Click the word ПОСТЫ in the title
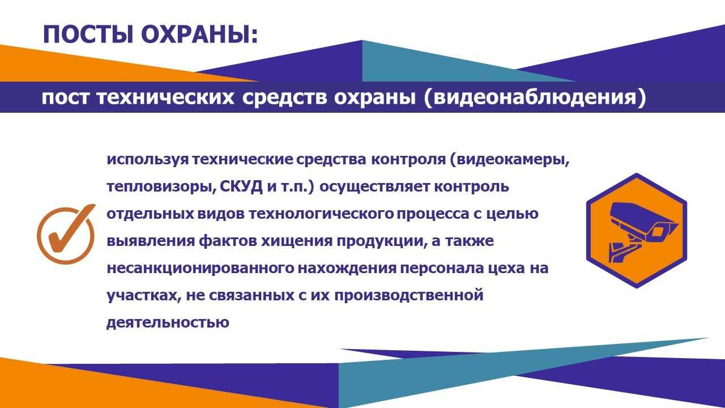pyautogui.click(x=88, y=35)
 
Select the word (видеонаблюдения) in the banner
pyautogui.click(x=535, y=97)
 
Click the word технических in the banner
pyautogui.click(x=165, y=97)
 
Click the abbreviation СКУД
pyautogui.click(x=241, y=187)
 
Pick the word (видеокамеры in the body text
pyautogui.click(x=509, y=160)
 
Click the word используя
pyautogui.click(x=148, y=160)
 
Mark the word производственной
pyautogui.click(x=409, y=296)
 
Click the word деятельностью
pyautogui.click(x=168, y=323)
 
